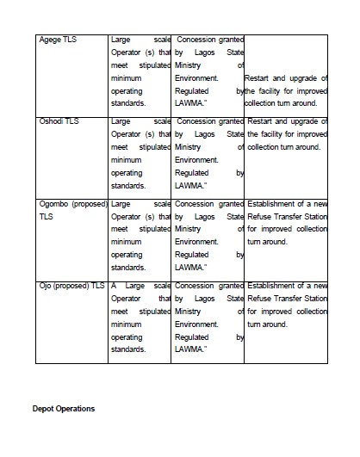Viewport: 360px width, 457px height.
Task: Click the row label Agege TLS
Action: click(58, 40)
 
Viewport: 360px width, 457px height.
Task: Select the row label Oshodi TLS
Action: click(59, 122)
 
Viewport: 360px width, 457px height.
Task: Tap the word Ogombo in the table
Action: click(58, 205)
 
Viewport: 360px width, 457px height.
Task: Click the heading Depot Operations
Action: click(64, 408)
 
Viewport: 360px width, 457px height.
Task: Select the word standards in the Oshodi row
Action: click(128, 185)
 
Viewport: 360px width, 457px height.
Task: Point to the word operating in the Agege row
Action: click(127, 90)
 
